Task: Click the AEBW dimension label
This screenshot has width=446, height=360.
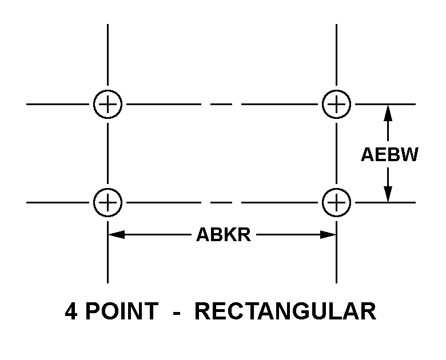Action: tap(389, 154)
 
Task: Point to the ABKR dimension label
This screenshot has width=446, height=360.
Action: tap(224, 235)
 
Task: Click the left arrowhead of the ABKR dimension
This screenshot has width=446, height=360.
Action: tap(117, 235)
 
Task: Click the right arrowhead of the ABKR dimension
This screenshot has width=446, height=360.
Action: tap(328, 235)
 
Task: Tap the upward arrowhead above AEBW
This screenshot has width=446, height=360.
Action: tap(388, 113)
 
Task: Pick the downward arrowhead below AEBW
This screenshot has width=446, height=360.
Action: tap(388, 194)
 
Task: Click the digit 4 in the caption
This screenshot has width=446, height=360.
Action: tap(71, 311)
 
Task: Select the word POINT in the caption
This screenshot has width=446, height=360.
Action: tap(122, 311)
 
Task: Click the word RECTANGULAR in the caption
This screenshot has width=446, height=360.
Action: tap(285, 311)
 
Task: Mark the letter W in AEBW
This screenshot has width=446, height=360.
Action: tap(409, 154)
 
